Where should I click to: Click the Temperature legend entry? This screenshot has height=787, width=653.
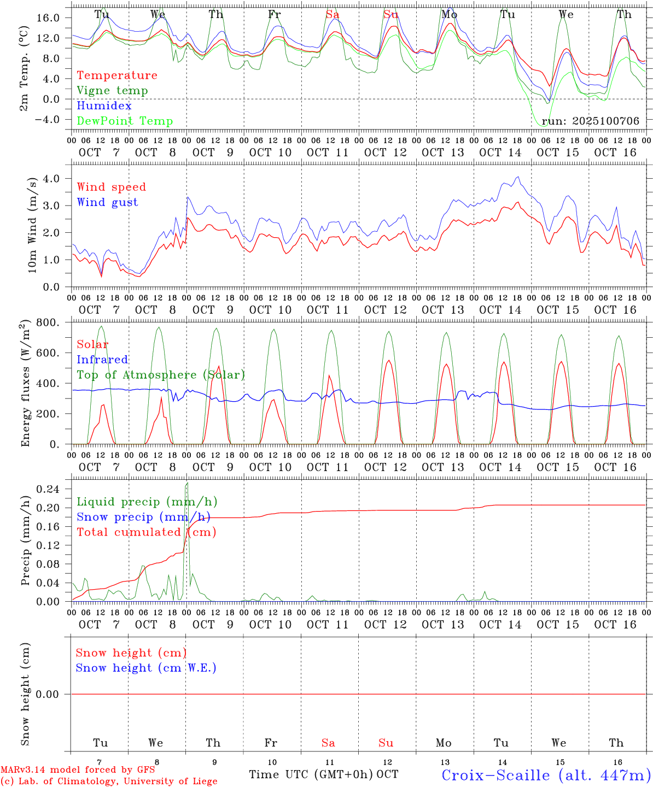117,75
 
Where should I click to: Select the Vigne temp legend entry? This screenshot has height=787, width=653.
112,91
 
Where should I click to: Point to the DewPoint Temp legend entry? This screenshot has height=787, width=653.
125,121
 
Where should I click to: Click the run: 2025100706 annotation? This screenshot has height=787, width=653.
590,121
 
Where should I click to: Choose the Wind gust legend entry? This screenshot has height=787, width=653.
107,202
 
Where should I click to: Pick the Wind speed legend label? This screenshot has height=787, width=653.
112,187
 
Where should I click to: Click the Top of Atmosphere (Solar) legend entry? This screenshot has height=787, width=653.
161,375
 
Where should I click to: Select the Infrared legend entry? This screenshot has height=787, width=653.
102,360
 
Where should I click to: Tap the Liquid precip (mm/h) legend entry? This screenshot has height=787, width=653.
147,502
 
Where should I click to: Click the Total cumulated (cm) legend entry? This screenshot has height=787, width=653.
146,532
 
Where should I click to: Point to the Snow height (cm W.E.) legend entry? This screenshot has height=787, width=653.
146,668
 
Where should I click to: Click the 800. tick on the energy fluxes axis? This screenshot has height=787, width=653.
48,322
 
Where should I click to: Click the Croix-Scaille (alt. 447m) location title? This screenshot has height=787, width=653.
546,775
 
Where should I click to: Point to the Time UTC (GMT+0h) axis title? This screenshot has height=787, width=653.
311,774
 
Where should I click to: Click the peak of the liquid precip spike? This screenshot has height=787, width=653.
187,483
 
